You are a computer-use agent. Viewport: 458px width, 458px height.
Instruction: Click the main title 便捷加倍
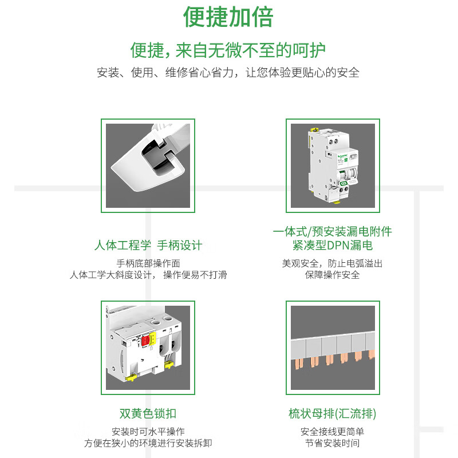pyautogui.click(x=228, y=17)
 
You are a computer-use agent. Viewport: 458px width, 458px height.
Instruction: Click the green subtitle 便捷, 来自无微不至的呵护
pyautogui.click(x=228, y=50)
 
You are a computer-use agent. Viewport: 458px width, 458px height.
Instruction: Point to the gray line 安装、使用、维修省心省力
pyautogui.click(x=228, y=73)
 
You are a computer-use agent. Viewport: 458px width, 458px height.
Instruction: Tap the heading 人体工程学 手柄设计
pyautogui.click(x=148, y=246)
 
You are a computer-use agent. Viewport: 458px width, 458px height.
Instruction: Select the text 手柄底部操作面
pyautogui.click(x=148, y=263)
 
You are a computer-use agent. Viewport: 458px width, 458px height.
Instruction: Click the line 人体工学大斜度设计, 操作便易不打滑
pyautogui.click(x=148, y=275)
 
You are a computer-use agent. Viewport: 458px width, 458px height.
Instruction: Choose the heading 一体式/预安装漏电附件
pyautogui.click(x=332, y=232)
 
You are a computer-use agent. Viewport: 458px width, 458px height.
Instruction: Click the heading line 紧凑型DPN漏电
pyautogui.click(x=332, y=246)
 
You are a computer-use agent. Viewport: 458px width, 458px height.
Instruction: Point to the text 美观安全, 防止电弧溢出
pyautogui.click(x=332, y=263)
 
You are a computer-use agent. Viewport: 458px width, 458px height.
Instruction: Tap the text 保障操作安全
pyautogui.click(x=332, y=275)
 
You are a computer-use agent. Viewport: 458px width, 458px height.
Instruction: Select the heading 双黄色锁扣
pyautogui.click(x=148, y=413)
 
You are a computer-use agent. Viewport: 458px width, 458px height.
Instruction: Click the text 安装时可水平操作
pyautogui.click(x=148, y=432)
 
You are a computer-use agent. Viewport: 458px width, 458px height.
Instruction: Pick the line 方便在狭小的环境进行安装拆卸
pyautogui.click(x=148, y=443)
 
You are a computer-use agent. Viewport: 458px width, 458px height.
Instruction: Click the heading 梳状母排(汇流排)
pyautogui.click(x=332, y=413)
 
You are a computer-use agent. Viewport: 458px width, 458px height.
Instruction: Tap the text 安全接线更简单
pyautogui.click(x=332, y=432)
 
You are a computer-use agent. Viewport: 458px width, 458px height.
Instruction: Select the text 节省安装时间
pyautogui.click(x=332, y=443)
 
